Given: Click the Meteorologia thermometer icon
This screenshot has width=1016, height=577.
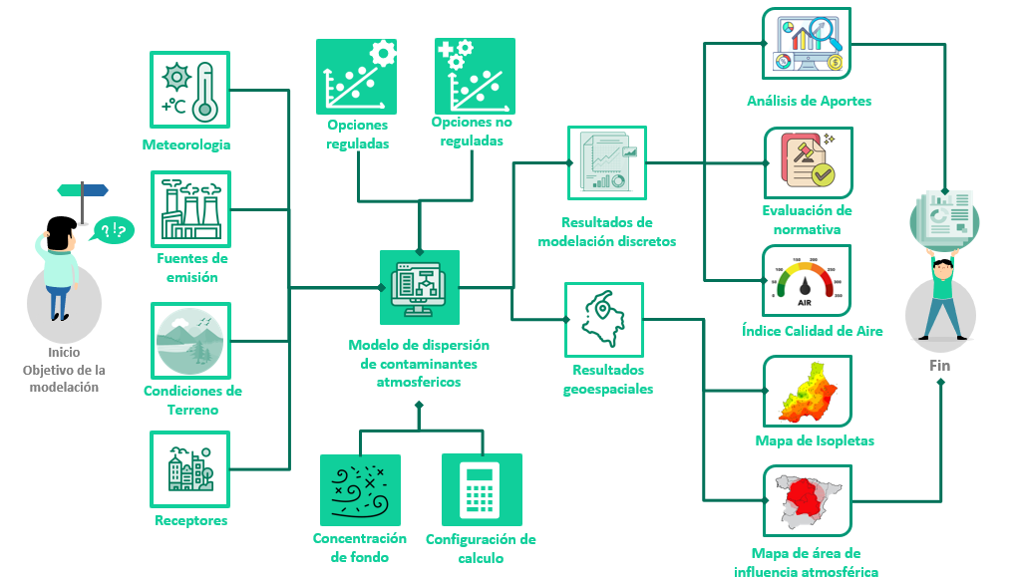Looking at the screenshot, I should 189,91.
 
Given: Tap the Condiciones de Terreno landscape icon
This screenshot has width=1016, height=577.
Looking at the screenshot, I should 189,341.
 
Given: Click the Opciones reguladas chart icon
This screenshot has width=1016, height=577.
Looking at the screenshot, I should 356,77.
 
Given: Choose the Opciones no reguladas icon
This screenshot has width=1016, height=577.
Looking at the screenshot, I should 475,77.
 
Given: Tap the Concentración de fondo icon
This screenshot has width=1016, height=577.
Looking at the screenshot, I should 360,489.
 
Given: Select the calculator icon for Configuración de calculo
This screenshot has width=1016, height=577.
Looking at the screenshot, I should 481,489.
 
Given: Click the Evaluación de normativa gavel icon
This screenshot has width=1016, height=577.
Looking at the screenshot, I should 809,162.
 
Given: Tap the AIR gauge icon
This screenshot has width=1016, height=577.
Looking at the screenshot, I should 809,280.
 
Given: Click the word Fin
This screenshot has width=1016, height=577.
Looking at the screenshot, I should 939,366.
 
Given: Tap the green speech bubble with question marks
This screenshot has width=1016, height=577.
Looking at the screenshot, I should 113,231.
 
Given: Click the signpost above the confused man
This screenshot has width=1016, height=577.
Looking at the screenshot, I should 83,190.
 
